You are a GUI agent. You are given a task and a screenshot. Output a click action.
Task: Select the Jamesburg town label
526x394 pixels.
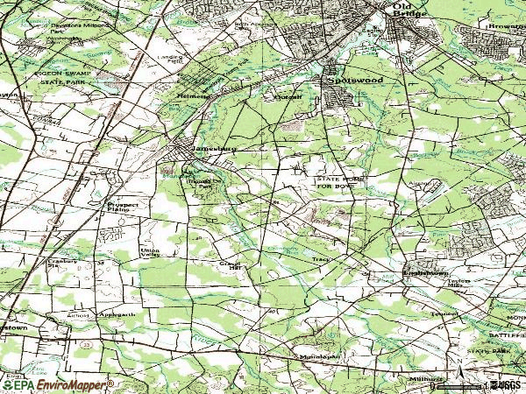click(x=214, y=149)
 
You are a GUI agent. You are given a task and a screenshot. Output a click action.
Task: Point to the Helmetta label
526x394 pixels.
click(x=195, y=96)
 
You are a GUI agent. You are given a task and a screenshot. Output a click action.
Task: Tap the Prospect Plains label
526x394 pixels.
click(x=117, y=208)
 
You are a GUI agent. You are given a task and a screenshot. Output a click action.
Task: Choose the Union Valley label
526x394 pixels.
click(x=130, y=253)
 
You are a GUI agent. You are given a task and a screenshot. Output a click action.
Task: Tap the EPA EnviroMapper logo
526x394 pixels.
click(x=57, y=384)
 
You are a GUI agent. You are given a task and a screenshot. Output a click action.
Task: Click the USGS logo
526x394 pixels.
click(x=506, y=384)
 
